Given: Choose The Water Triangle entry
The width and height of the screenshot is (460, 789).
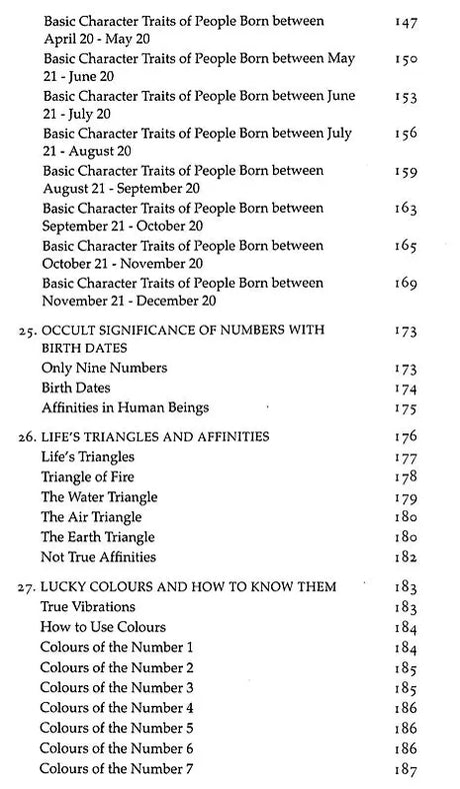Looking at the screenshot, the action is (99, 497).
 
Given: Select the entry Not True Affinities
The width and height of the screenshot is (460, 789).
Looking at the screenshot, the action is (98, 556).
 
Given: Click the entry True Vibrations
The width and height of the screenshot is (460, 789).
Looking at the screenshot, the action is (88, 606).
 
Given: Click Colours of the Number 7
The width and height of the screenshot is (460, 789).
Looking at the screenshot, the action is (117, 768).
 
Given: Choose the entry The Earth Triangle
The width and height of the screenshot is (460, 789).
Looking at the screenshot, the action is (98, 536).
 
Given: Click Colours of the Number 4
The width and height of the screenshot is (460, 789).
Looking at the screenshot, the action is (117, 707).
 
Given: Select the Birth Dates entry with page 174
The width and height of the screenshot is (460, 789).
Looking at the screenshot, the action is (74, 388).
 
